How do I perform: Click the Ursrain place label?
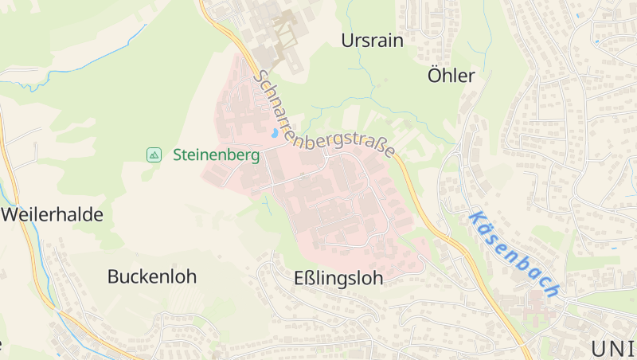pyautogui.click(x=372, y=41)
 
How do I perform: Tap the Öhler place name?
pyautogui.click(x=451, y=76)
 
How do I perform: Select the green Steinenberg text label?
pyautogui.click(x=216, y=155)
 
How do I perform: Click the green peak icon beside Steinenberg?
pyautogui.click(x=154, y=155)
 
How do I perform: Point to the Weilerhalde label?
pyautogui.click(x=52, y=214)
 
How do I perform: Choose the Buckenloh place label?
pyautogui.click(x=151, y=277)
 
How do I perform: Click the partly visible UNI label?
pyautogui.click(x=613, y=348)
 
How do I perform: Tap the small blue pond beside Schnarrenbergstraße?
pyautogui.click(x=275, y=134)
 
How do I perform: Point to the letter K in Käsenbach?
pyautogui.click(x=476, y=217)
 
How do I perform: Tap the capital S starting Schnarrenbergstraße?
pyautogui.click(x=260, y=76)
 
